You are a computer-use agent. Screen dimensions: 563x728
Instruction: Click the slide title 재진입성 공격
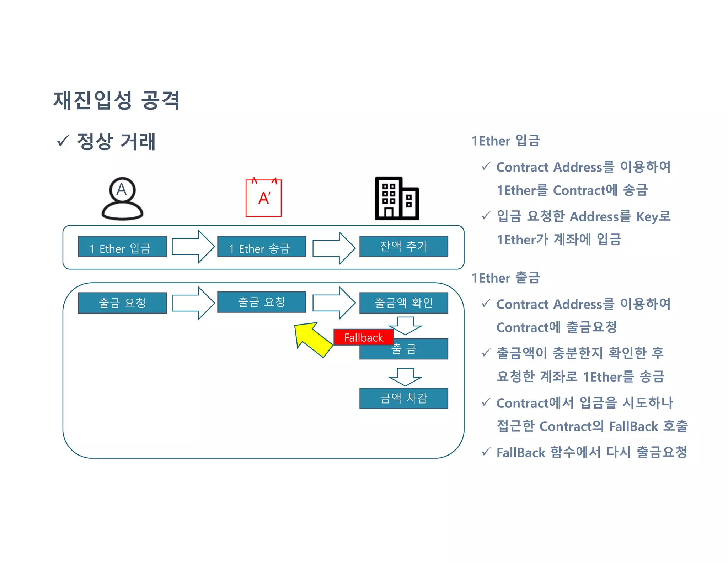point(116,100)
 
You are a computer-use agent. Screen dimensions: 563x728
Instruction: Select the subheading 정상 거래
point(116,141)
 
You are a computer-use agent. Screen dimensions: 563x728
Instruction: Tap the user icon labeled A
point(122,199)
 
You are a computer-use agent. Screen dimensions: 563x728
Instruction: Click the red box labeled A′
point(263,198)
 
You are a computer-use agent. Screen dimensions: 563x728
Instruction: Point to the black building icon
point(397,199)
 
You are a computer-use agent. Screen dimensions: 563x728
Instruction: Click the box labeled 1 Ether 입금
point(122,246)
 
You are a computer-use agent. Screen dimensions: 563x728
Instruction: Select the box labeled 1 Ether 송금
point(261,246)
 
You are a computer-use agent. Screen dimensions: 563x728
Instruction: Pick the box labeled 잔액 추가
point(403,246)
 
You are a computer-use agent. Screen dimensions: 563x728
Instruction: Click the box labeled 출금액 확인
point(403,303)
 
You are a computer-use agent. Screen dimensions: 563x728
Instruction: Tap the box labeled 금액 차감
point(403,398)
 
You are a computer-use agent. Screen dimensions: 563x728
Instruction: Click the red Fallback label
point(363,337)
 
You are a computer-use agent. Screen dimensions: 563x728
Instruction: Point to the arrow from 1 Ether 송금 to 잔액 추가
point(333,248)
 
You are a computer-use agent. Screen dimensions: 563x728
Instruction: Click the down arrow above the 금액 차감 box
point(405,377)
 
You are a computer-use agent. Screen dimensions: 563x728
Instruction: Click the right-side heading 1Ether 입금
point(505,141)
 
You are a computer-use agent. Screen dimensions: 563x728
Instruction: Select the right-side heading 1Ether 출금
point(505,278)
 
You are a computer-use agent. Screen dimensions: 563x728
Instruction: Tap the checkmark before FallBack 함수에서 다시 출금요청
point(486,452)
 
